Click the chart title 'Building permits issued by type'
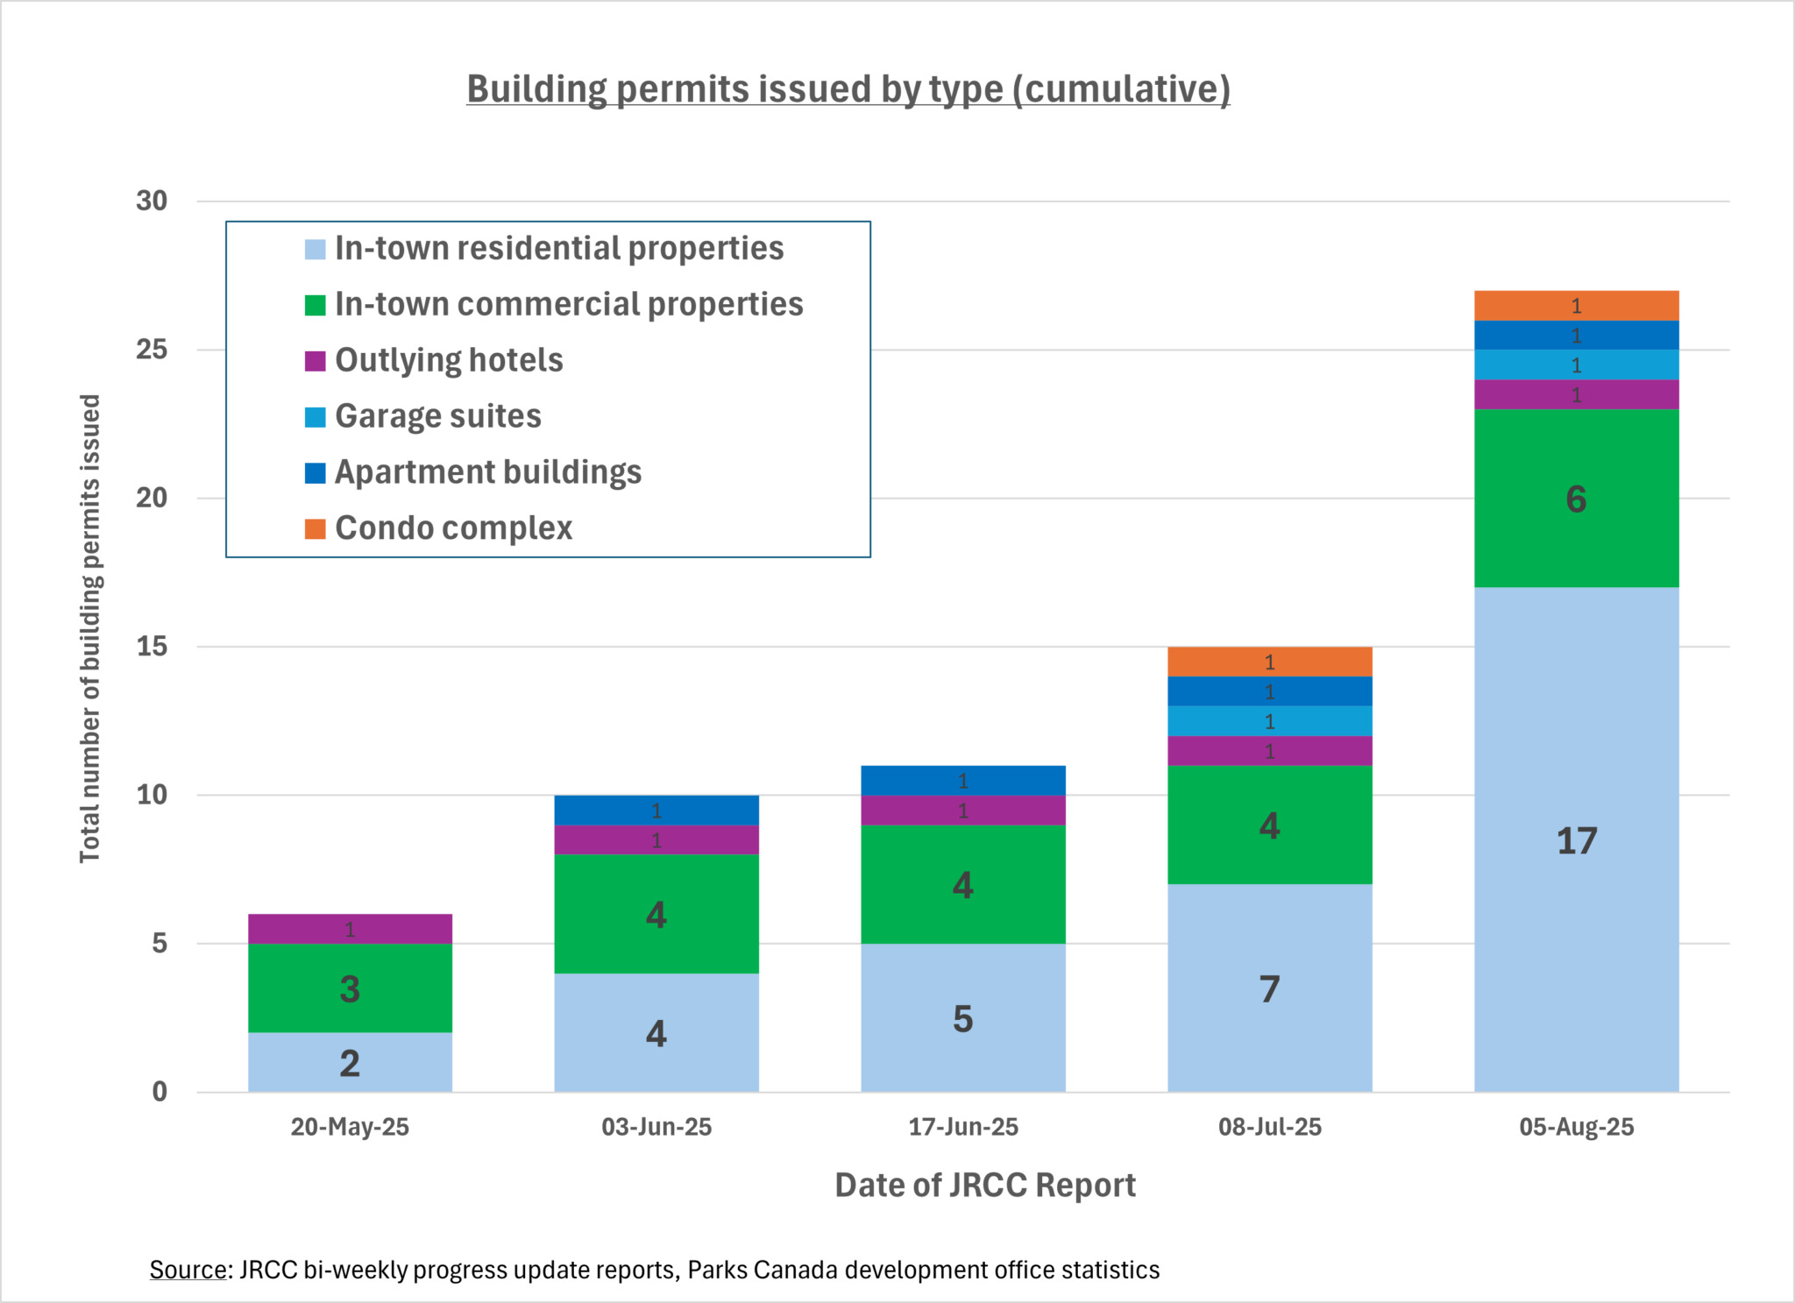click(848, 89)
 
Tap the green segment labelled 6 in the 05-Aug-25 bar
click(1576, 498)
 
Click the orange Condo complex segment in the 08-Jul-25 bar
click(1269, 662)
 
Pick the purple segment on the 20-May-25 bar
click(350, 929)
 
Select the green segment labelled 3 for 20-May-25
click(350, 988)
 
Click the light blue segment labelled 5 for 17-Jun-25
click(962, 1017)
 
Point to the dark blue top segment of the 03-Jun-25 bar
click(656, 810)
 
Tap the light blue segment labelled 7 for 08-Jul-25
click(1269, 988)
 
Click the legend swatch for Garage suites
click(315, 416)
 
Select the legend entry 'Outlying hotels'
click(449, 360)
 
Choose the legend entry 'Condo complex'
click(453, 528)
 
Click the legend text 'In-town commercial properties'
click(569, 304)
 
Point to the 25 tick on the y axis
click(151, 350)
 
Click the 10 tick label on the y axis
click(151, 795)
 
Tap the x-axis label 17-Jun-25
click(962, 1127)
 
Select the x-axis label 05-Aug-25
click(1576, 1127)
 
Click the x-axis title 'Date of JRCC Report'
click(984, 1185)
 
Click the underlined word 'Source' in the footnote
click(188, 1270)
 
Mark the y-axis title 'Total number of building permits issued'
click(90, 628)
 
